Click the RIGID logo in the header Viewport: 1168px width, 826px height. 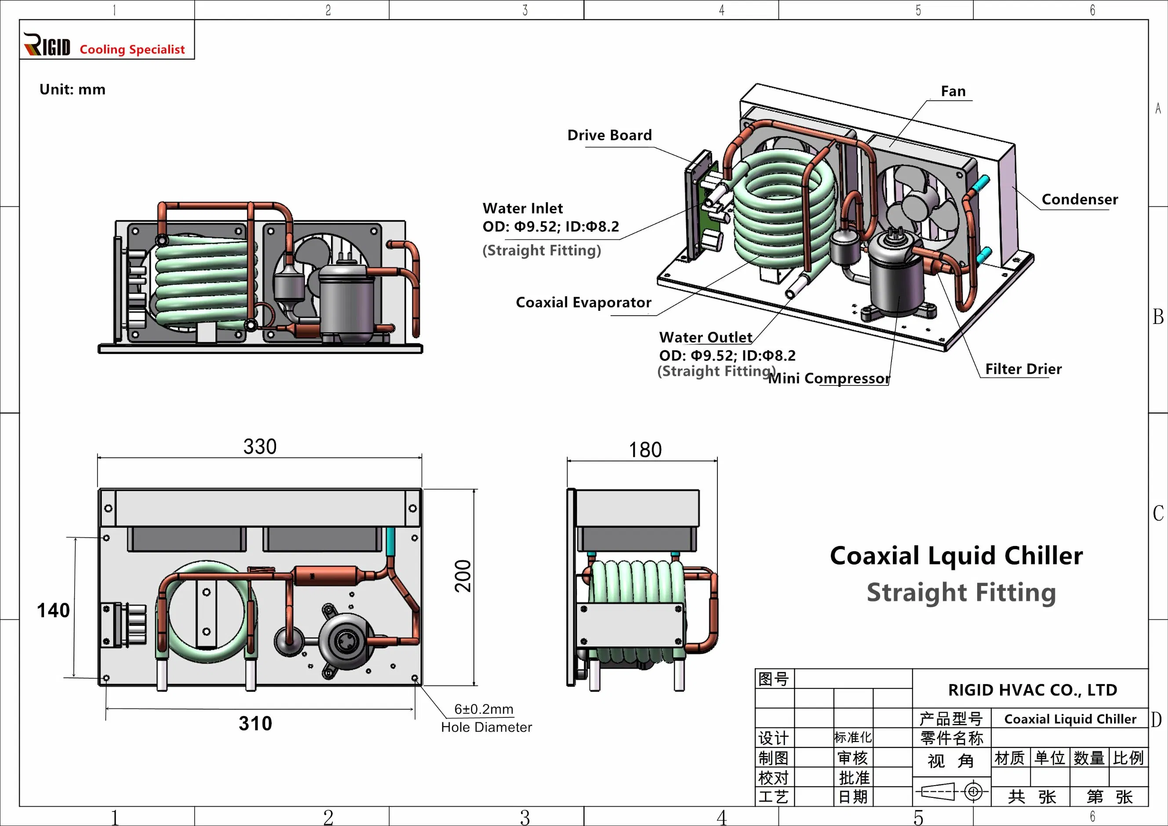click(x=47, y=45)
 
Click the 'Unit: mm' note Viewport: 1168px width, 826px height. click(x=72, y=90)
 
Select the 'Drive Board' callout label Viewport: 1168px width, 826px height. click(x=609, y=135)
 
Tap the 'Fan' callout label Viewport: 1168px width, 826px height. click(x=953, y=91)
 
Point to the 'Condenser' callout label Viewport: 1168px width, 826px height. click(x=1080, y=200)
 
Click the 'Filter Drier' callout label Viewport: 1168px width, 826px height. click(x=1023, y=369)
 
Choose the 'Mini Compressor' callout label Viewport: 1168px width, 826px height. click(x=829, y=378)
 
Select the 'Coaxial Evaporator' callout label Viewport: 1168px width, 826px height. click(x=583, y=302)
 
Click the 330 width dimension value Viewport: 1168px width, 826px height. click(x=259, y=447)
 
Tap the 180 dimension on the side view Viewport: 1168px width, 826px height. click(x=644, y=450)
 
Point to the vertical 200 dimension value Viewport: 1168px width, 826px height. click(x=463, y=576)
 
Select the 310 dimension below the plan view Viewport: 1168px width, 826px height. click(x=255, y=723)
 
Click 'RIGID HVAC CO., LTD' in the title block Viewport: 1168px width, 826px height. click(x=1032, y=690)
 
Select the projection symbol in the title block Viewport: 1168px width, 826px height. click(x=951, y=791)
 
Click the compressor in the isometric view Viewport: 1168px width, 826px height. click(x=896, y=275)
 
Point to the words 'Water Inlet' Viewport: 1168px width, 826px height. click(x=522, y=208)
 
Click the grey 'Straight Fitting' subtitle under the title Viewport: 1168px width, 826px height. click(x=961, y=593)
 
